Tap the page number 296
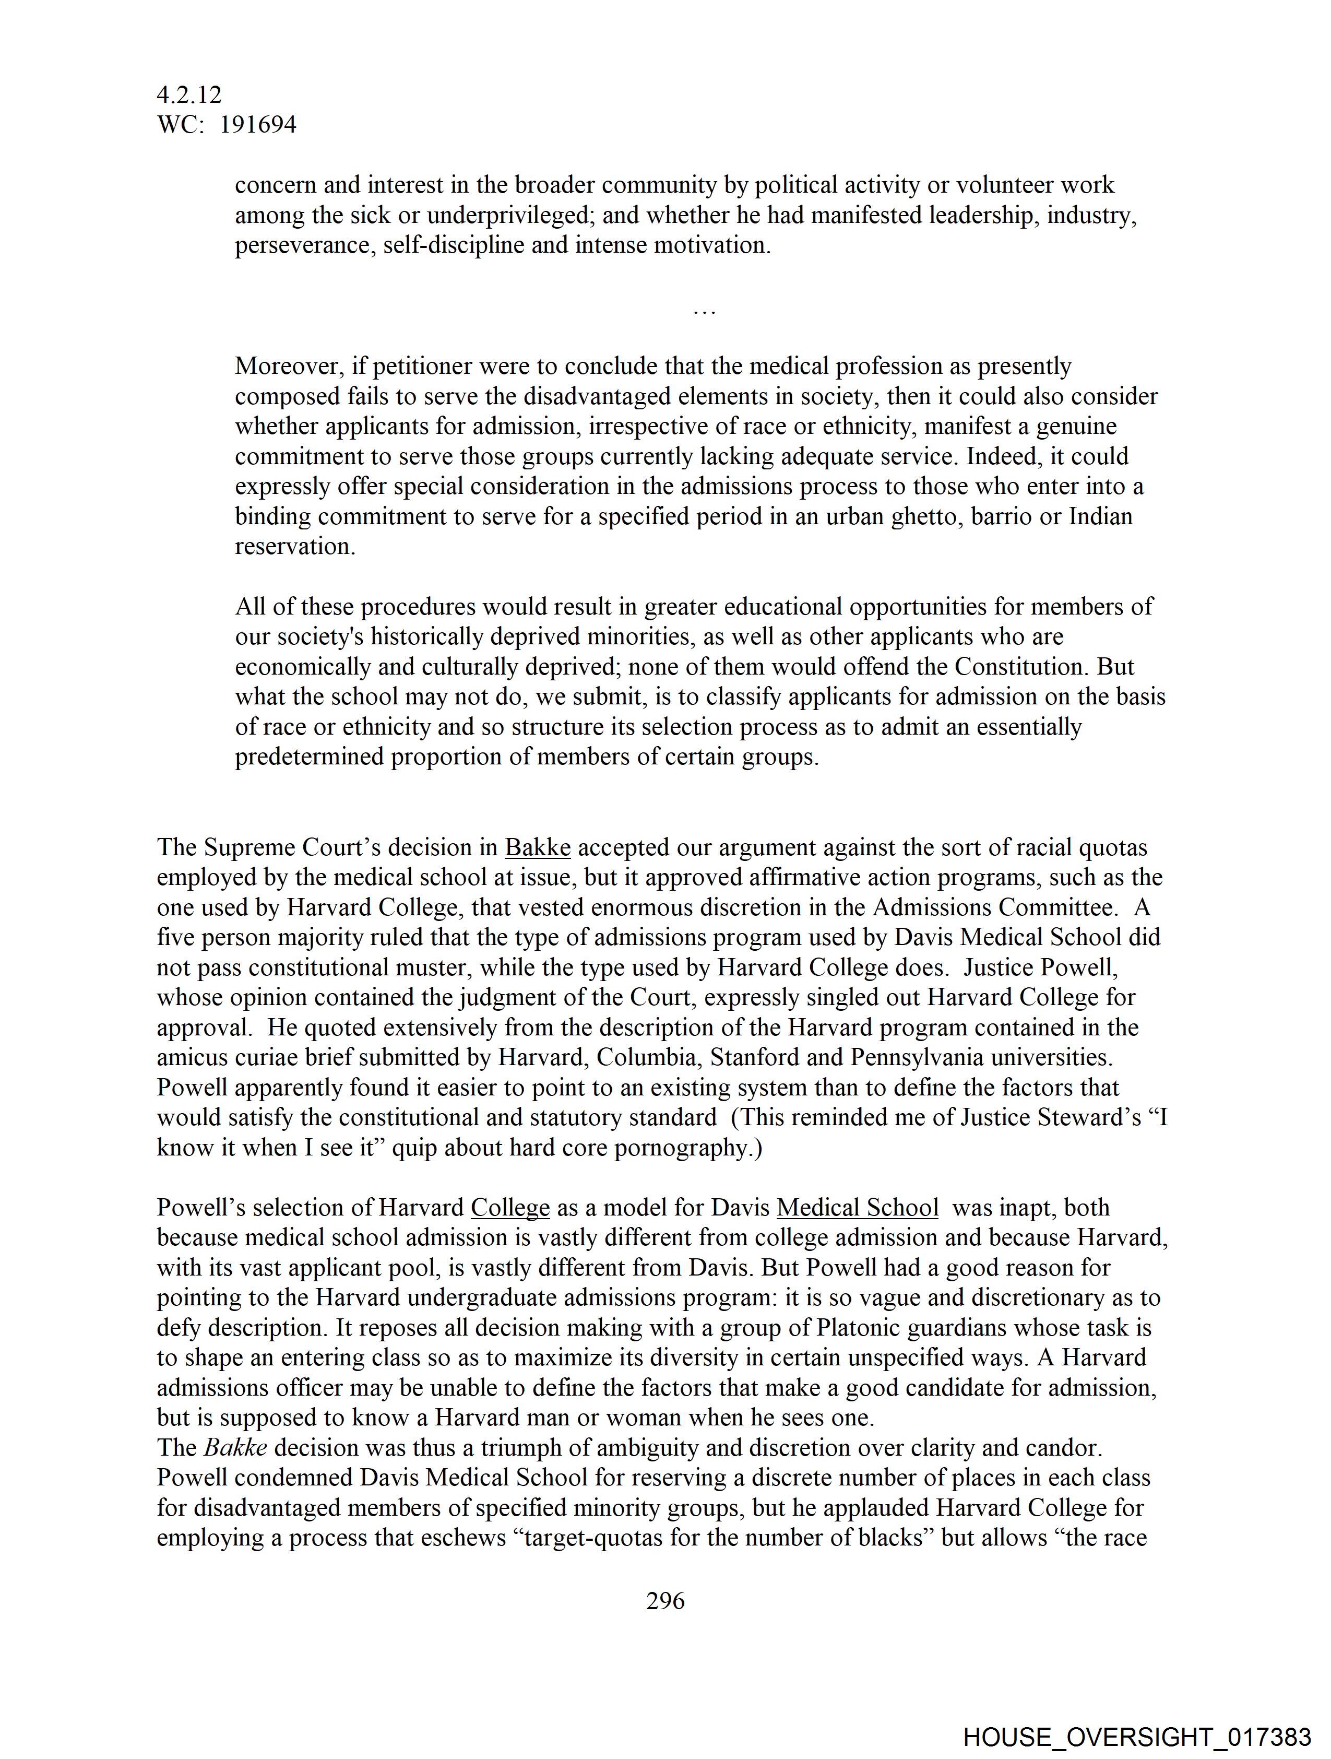[664, 1601]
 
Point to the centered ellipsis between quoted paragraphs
[705, 312]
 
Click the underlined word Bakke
[538, 848]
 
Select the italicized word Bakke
[235, 1447]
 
